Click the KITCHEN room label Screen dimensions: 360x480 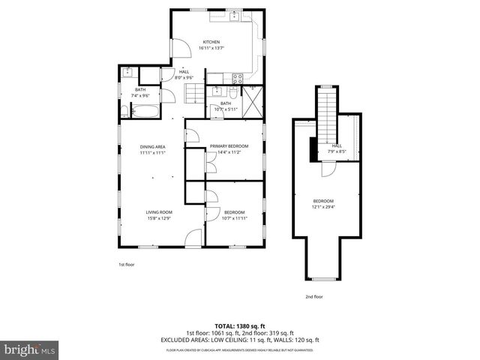click(211, 42)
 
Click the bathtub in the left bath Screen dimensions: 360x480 click(144, 112)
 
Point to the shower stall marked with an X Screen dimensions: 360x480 click(253, 103)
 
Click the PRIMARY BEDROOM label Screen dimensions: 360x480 click(228, 146)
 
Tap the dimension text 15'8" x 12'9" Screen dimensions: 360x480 click(158, 218)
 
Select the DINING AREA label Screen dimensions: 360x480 click(152, 146)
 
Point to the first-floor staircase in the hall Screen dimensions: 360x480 click(195, 93)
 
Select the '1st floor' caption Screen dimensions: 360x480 click(126, 264)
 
